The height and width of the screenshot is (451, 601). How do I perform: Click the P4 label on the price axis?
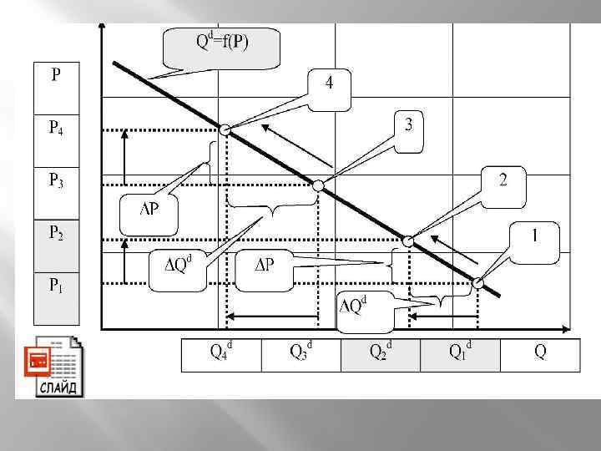coord(55,129)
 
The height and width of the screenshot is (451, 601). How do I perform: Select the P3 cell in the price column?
coord(55,180)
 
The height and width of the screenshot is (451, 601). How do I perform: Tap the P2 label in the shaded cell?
coord(55,235)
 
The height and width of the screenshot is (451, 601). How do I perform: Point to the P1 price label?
coord(55,286)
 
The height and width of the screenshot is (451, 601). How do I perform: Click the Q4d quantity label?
coord(220,352)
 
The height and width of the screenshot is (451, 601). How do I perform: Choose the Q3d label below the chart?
coord(300,352)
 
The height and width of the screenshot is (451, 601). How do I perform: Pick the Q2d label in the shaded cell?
coord(381,352)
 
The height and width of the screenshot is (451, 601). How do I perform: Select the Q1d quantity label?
coord(460,352)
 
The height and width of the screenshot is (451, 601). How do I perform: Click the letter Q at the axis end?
coord(540,352)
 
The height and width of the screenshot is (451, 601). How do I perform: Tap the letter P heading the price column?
coord(55,76)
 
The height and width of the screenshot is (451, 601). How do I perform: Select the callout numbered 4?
coord(331,83)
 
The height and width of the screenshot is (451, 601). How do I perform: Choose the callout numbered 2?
coord(503,180)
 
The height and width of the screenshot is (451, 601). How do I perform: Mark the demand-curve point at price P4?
coord(225,129)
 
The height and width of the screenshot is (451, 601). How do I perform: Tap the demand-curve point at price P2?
coord(408,241)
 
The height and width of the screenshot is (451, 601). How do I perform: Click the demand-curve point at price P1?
coord(477,283)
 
